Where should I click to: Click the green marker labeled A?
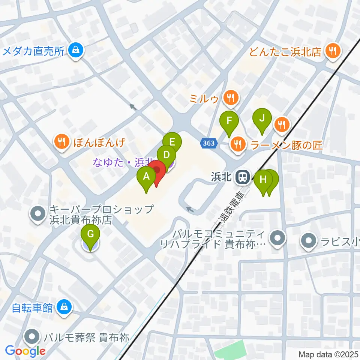[x=147, y=176]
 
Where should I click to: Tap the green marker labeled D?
[x=166, y=155]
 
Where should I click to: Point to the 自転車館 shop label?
[x=32, y=308]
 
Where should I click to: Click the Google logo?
[x=25, y=351]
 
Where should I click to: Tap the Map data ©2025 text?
[x=328, y=354]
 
